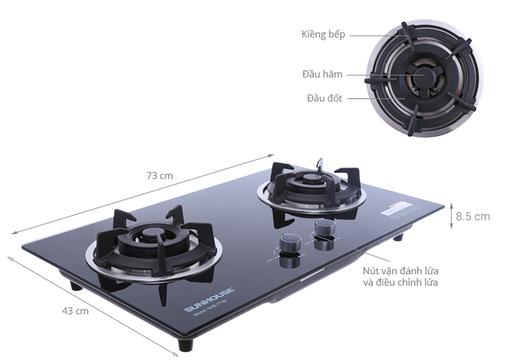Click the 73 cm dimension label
pyautogui.click(x=159, y=175)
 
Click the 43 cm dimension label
pyautogui.click(x=75, y=311)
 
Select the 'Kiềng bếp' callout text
pyautogui.click(x=323, y=34)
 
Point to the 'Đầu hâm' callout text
pyautogui.click(x=322, y=74)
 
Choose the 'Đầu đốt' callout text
pyautogui.click(x=324, y=98)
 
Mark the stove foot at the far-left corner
pyautogui.click(x=76, y=286)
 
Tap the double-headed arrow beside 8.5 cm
pyautogui.click(x=451, y=216)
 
